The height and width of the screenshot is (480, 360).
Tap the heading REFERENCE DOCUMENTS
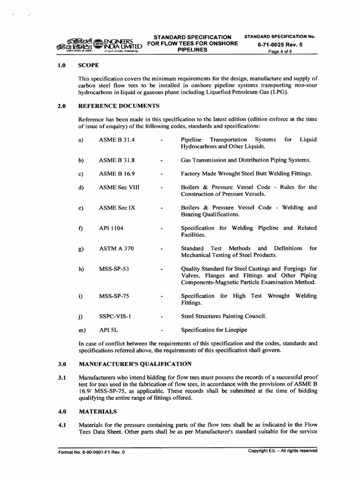point(119,106)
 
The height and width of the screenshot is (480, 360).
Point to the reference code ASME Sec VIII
point(119,187)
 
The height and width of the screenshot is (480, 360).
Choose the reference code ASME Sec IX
point(117,208)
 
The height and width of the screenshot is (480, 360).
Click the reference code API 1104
point(111,228)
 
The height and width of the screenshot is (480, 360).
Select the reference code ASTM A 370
point(116,248)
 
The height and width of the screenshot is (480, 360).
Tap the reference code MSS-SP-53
point(114,269)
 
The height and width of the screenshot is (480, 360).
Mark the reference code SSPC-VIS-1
point(115,316)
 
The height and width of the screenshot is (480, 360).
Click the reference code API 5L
point(108,330)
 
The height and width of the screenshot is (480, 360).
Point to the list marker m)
point(82,330)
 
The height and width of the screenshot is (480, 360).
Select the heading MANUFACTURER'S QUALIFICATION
point(135,364)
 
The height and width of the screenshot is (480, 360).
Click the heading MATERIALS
point(98,412)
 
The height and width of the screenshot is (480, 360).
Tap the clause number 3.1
point(61,377)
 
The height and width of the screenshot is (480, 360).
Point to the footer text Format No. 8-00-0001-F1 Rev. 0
point(92,453)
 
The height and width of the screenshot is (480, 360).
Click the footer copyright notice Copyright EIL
point(283,451)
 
